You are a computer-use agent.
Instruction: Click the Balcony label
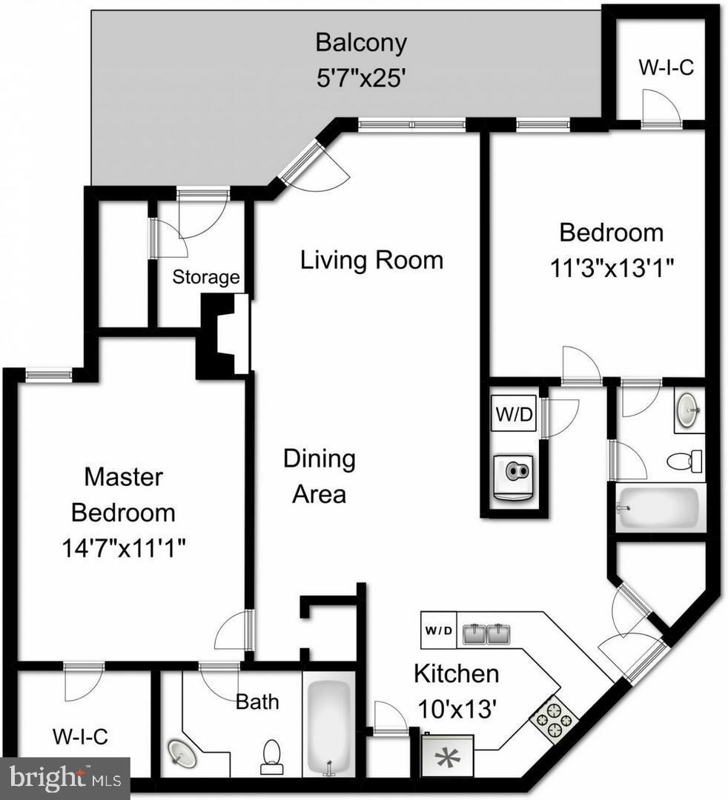[361, 42]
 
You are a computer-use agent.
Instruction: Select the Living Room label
[371, 260]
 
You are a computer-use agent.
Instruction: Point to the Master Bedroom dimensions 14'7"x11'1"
[124, 549]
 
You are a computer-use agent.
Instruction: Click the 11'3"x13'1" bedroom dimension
[612, 267]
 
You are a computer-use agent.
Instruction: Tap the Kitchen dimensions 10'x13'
[455, 709]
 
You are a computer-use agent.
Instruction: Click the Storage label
[206, 277]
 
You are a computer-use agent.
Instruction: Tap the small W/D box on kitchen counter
[438, 630]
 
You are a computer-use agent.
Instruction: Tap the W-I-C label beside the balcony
[666, 67]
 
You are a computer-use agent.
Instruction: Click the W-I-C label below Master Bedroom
[80, 736]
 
